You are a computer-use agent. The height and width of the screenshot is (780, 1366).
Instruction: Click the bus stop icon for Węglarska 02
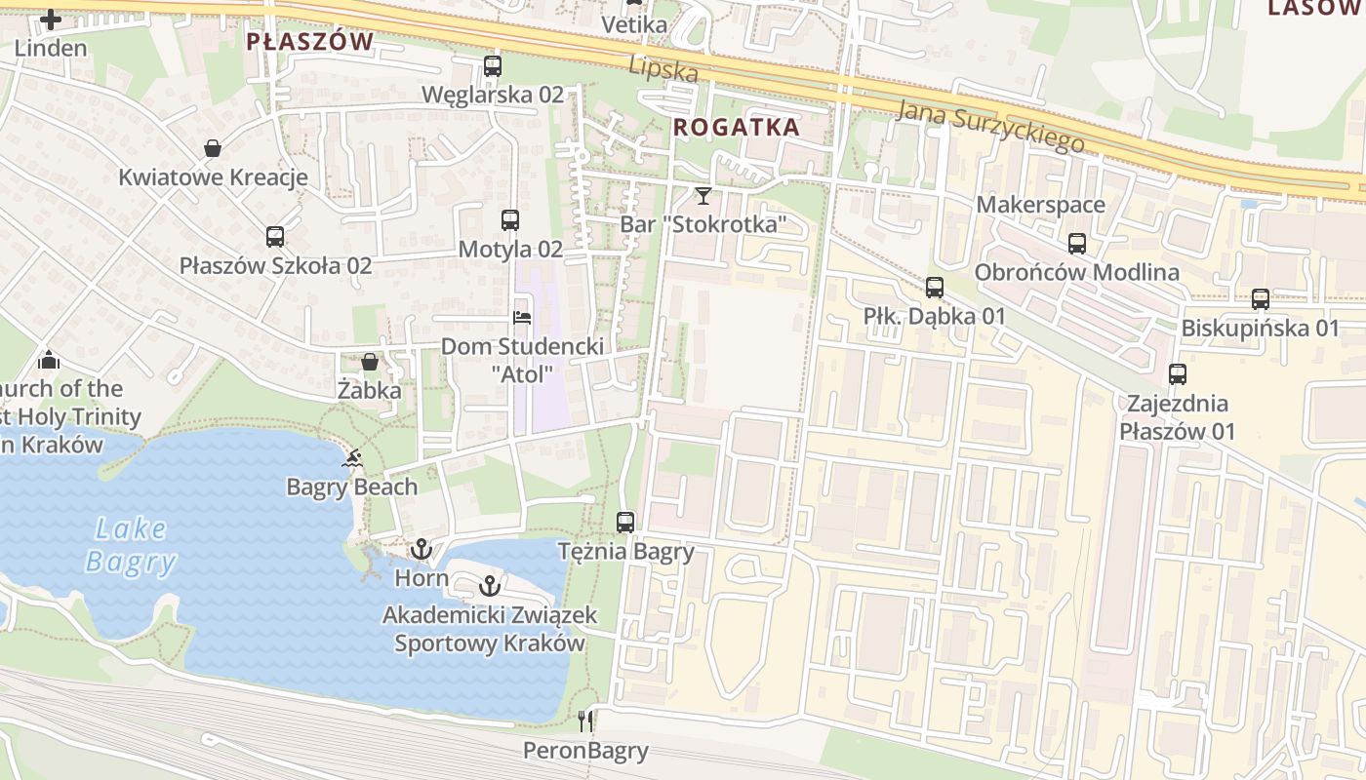coord(493,66)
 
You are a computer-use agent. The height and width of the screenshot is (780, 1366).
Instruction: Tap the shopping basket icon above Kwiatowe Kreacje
coord(213,148)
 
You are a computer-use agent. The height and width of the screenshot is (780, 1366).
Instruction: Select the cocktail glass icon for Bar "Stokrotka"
coord(703,195)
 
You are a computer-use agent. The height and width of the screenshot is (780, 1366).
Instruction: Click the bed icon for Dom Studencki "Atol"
coord(522,318)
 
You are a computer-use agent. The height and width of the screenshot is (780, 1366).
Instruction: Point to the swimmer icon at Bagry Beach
coord(353,458)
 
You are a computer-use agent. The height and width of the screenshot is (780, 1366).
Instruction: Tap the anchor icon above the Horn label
coord(421,550)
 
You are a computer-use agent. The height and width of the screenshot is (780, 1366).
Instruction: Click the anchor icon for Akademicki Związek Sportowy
coord(490,586)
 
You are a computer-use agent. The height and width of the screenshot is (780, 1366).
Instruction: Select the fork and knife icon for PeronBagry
coord(585,721)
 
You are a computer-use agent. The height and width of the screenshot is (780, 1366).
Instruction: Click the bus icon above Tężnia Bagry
coord(625,523)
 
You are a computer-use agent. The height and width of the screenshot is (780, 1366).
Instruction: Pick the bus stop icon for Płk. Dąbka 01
coord(935,288)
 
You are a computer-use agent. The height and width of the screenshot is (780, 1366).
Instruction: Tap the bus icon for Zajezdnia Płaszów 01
coord(1178,374)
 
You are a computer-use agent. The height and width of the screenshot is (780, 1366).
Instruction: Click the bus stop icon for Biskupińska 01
coord(1261,299)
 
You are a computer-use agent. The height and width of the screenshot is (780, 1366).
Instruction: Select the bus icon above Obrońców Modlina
coord(1077,244)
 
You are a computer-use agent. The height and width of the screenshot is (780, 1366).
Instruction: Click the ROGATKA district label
coord(737,127)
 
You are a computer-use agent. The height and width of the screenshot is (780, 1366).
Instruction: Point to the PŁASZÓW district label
coord(309,41)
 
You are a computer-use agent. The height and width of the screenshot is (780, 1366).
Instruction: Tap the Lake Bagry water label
coord(131,545)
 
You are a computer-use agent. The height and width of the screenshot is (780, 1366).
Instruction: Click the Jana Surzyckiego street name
coord(990,126)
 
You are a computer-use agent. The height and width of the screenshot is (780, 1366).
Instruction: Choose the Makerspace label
coord(1040,205)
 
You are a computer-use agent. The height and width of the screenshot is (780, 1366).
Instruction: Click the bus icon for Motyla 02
coord(510,220)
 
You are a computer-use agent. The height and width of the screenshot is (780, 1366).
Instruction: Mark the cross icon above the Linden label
coord(51,19)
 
